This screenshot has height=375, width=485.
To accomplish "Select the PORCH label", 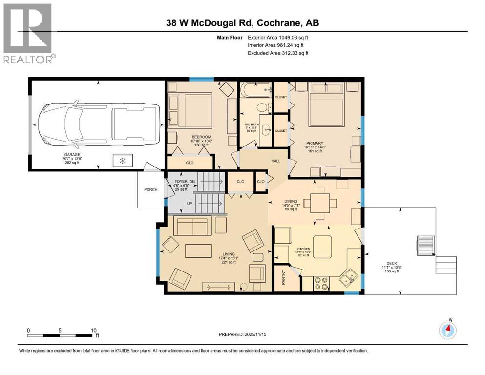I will pos(150,189).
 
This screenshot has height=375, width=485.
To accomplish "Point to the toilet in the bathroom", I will pos(263,106).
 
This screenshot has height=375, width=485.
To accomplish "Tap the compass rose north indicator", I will pos(447,331).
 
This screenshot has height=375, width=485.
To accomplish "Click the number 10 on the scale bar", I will pos(93,330).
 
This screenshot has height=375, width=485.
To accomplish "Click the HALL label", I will pos(275,161).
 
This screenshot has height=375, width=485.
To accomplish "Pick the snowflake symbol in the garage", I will pos(123,160).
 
